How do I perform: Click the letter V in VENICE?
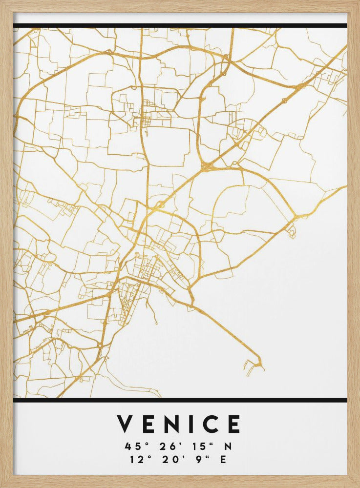pos(126,424)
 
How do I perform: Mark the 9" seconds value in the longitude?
pos(196,459)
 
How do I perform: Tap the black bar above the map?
pos(180,25)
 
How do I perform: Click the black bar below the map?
pos(180,400)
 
